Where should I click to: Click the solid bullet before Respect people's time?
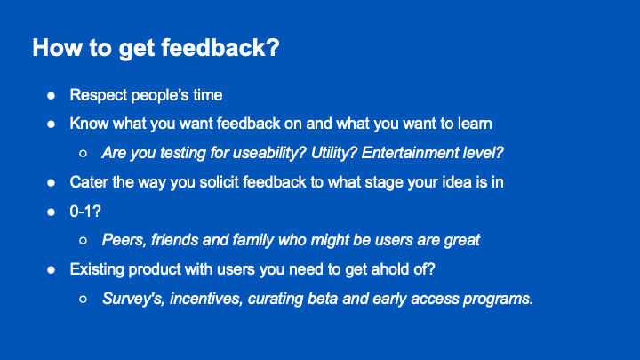52,95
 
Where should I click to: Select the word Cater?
90,181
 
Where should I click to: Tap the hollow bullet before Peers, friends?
83,240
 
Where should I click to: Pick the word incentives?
210,298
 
